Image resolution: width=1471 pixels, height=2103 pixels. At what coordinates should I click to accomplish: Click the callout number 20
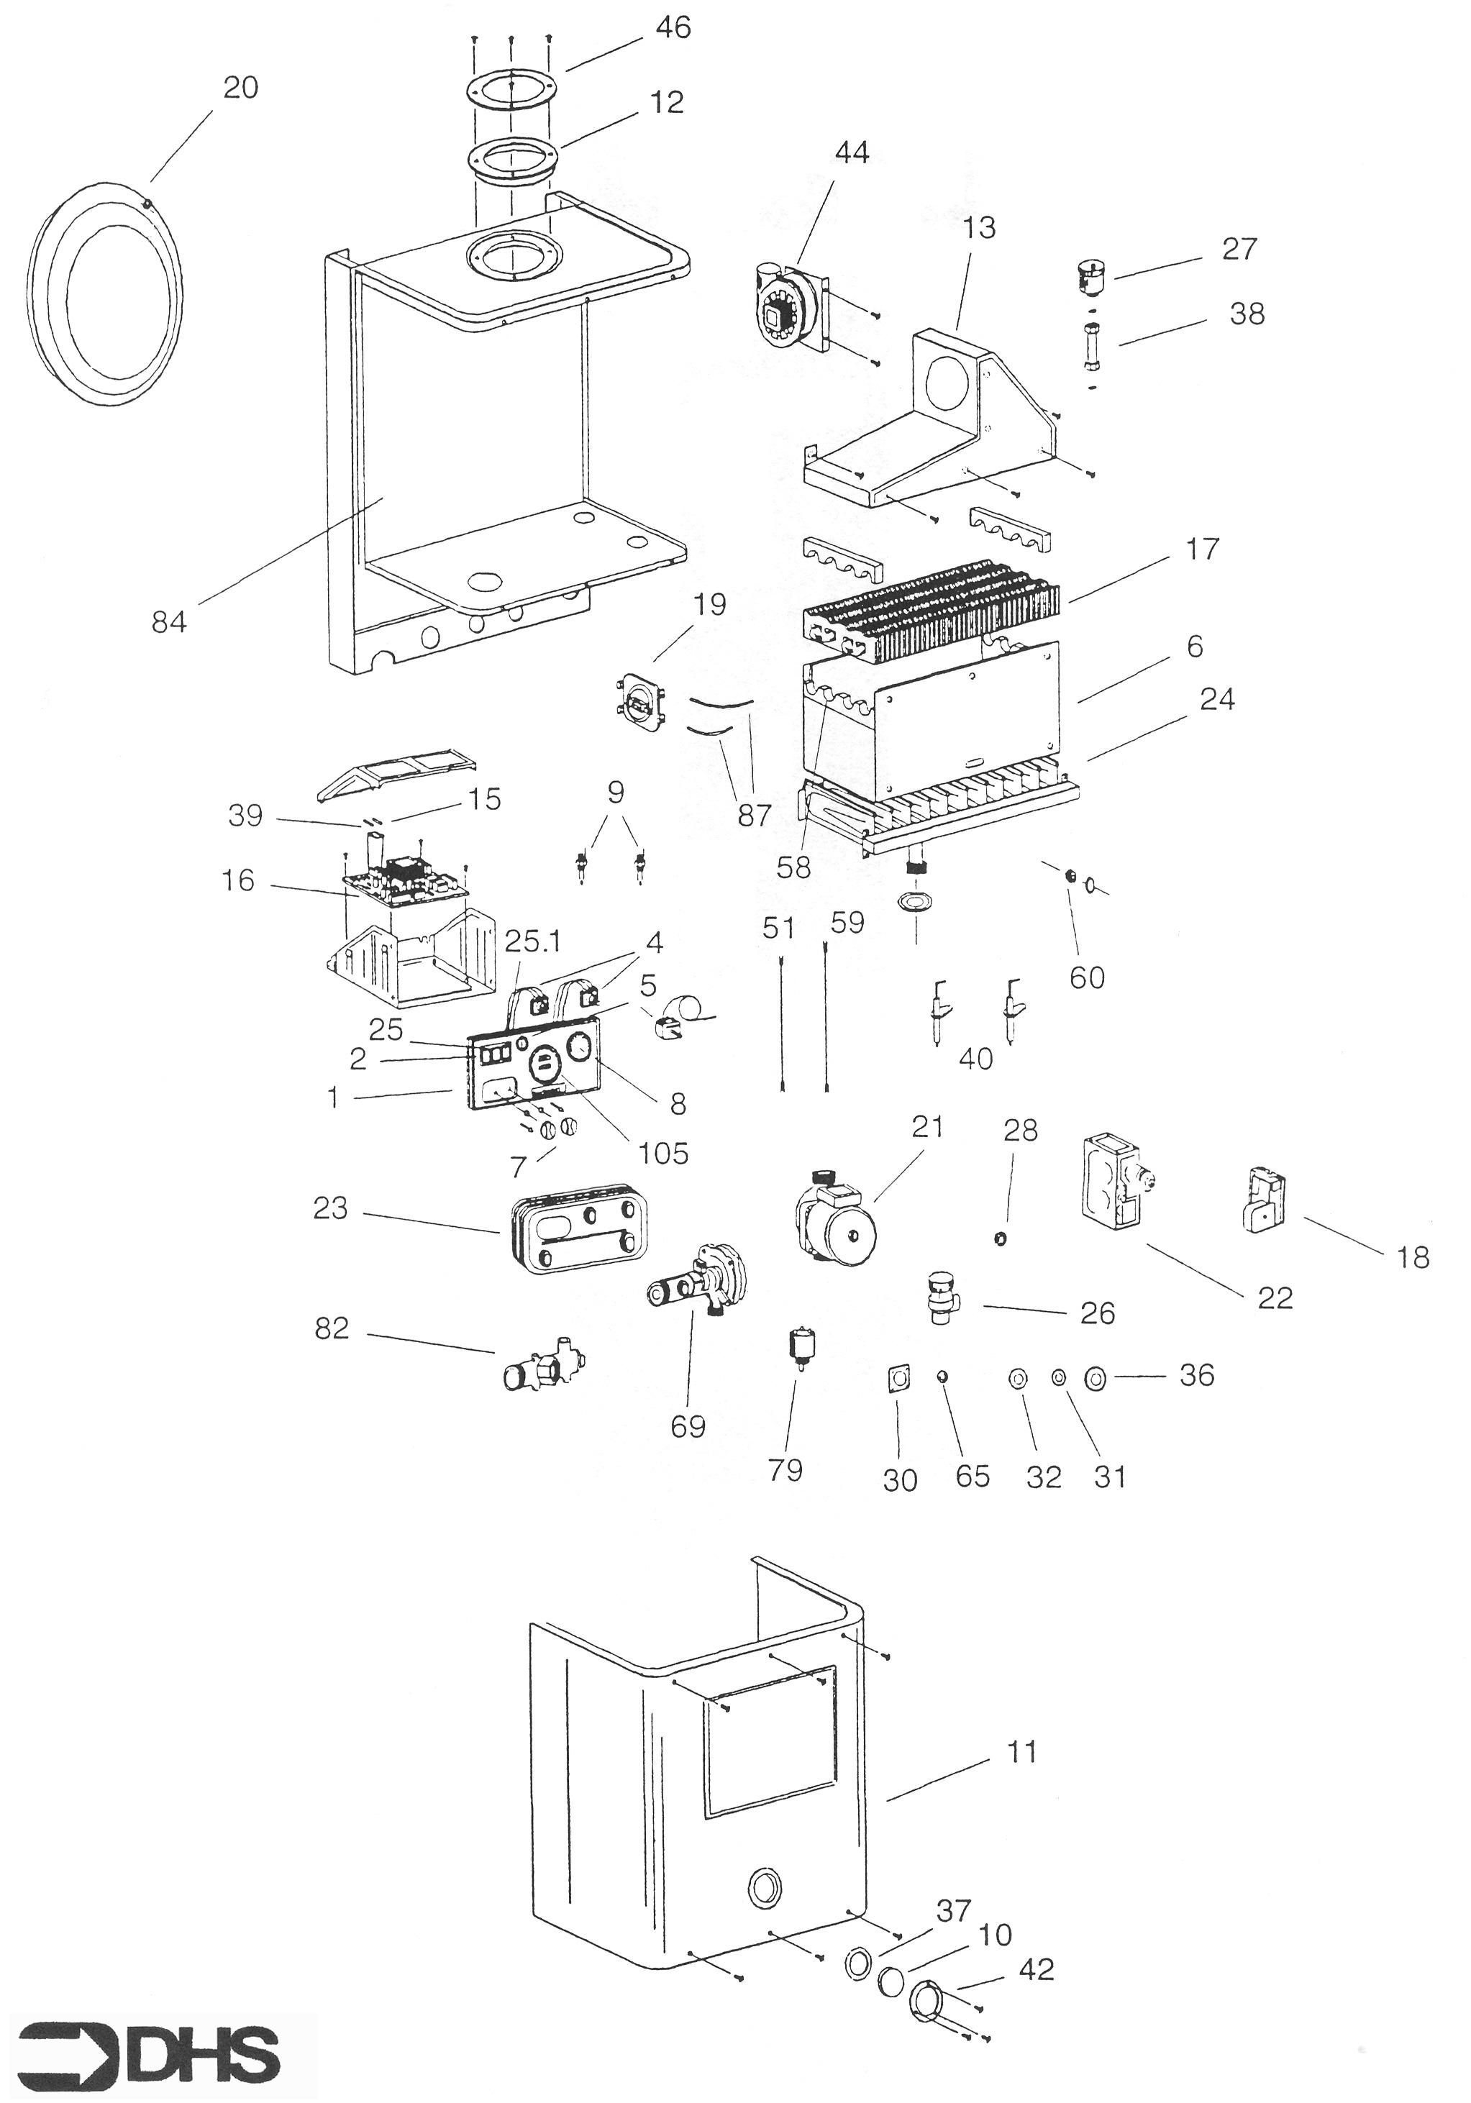coord(241,88)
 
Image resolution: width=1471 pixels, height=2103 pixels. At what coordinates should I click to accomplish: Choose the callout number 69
coord(688,1426)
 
